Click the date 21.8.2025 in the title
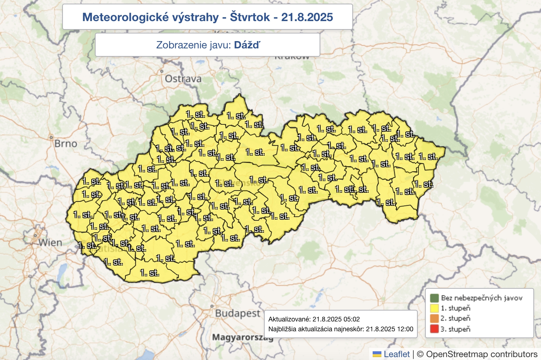pos(307,17)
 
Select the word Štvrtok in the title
pos(250,17)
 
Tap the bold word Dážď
pos(247,45)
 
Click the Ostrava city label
pos(183,79)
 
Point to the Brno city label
pos(65,144)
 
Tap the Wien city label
pos(50,243)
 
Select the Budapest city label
pos(238,313)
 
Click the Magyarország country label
pos(243,337)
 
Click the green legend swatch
pos(434,298)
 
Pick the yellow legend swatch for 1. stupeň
pos(434,308)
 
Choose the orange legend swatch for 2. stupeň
pos(434,319)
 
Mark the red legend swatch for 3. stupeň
pos(434,329)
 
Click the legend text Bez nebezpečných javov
pos(482,298)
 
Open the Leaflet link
pos(397,354)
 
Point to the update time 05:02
pos(352,319)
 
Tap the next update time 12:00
pos(405,329)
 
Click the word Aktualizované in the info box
pos(289,319)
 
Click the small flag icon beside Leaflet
pos(377,354)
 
